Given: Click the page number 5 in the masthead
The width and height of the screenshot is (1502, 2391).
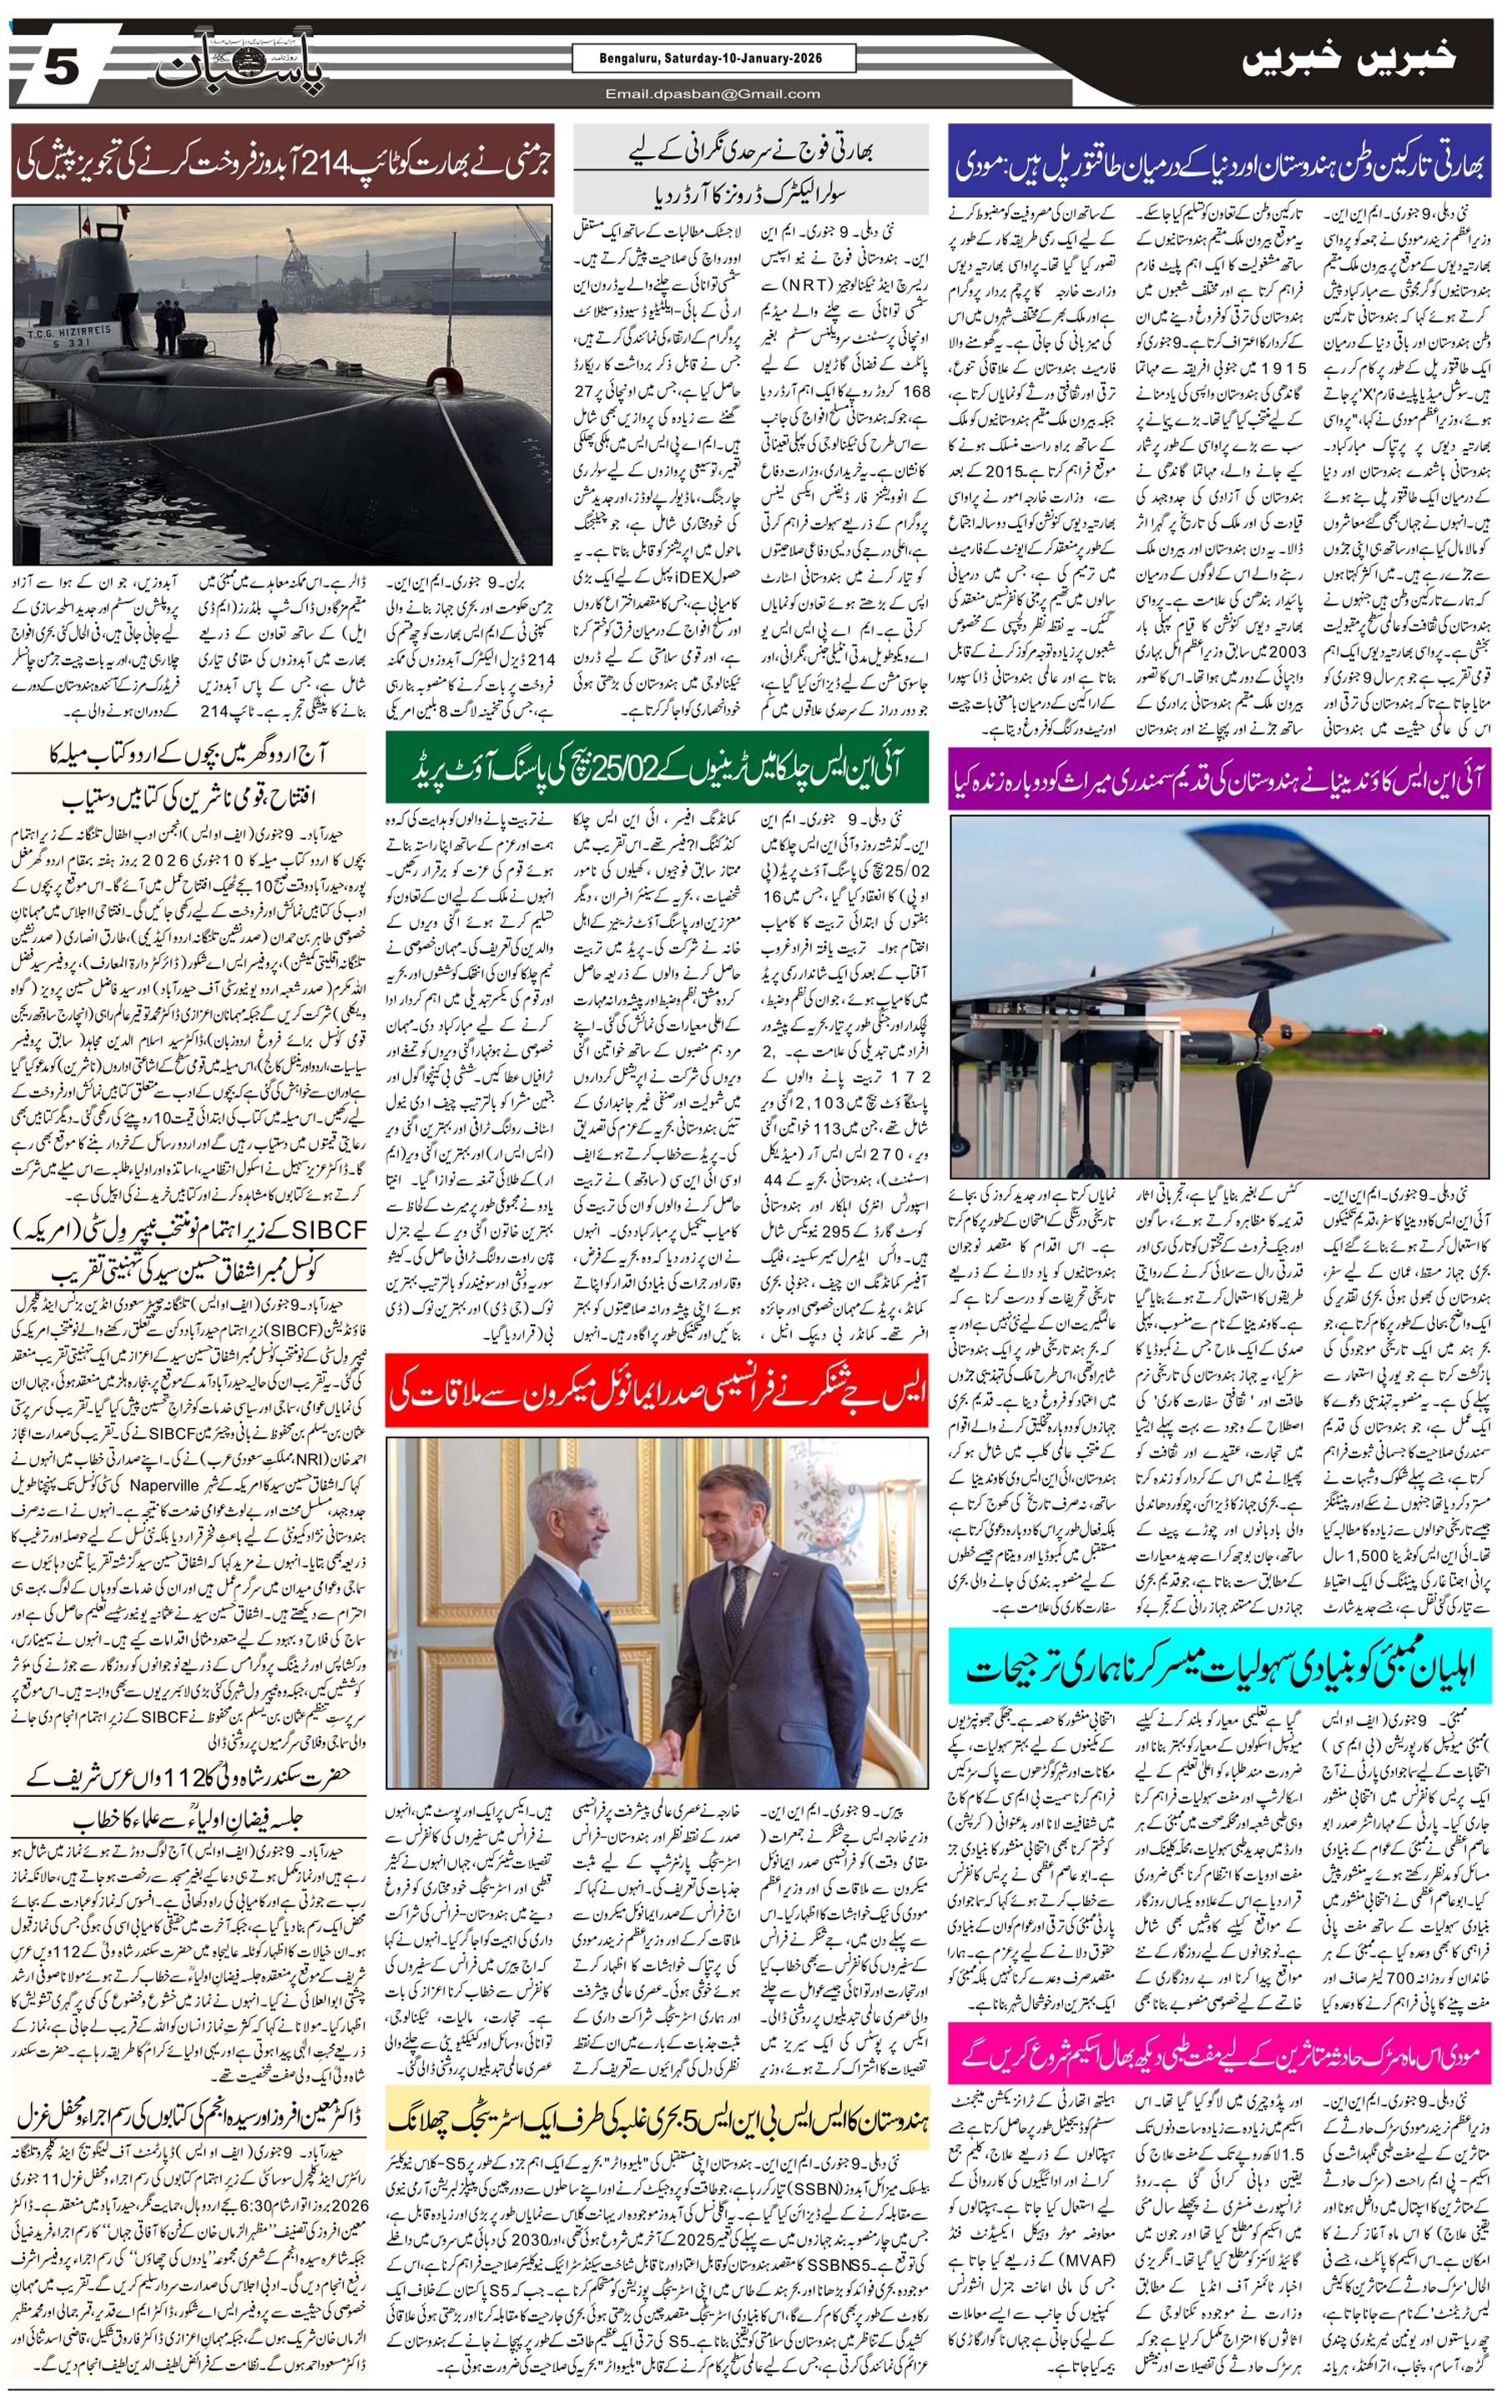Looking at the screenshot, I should (59, 68).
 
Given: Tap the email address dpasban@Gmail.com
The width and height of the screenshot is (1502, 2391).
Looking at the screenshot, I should (713, 94).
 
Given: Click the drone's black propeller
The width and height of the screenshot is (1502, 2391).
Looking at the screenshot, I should (1261, 1072).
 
